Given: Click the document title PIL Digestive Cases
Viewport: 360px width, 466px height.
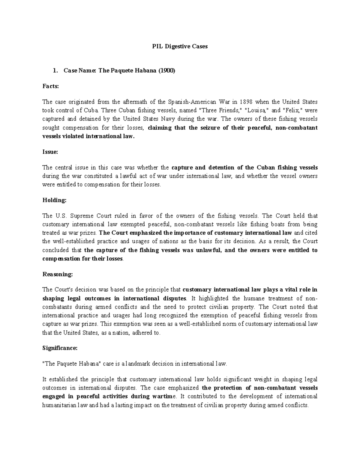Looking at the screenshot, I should click(180, 47).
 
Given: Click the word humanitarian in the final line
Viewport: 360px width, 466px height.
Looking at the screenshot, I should click(60, 405).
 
